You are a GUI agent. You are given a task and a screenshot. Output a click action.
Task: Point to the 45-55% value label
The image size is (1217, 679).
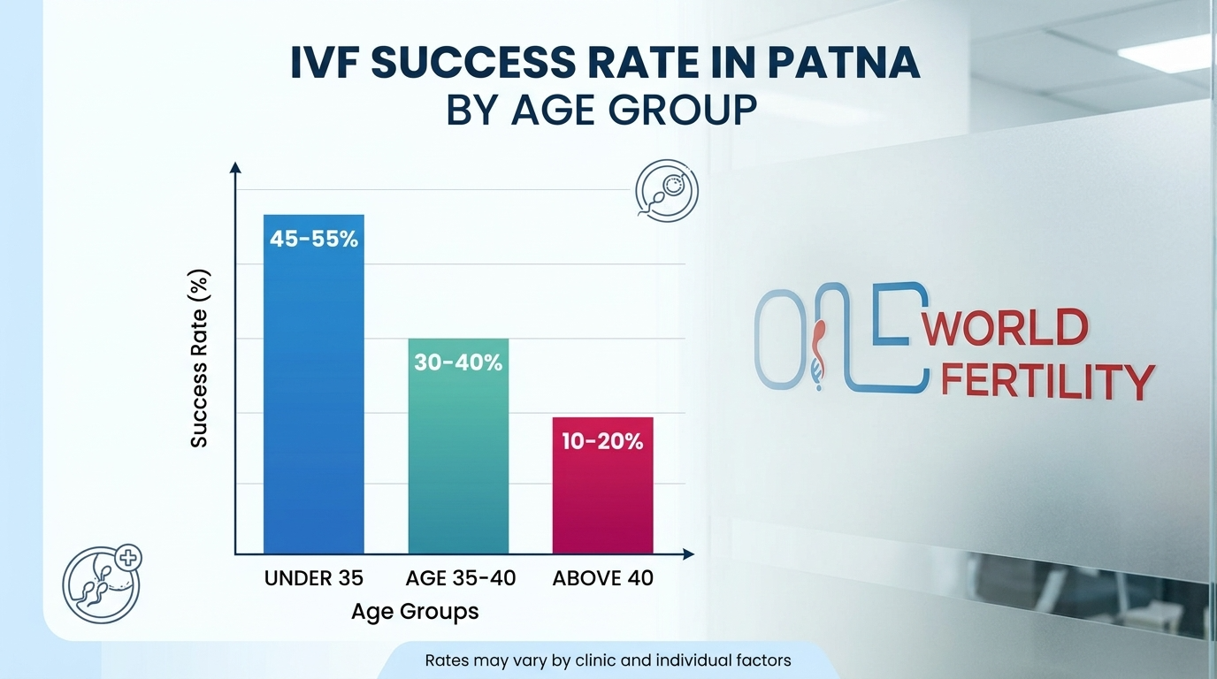(314, 239)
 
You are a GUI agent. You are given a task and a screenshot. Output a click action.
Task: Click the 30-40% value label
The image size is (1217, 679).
(458, 362)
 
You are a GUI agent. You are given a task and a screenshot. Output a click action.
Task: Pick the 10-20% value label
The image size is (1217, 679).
(602, 441)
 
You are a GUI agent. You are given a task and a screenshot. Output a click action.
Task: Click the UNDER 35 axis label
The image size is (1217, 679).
(314, 578)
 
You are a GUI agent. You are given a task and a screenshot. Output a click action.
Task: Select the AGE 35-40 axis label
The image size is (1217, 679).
(460, 578)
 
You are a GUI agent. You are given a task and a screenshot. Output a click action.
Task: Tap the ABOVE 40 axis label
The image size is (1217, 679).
(603, 578)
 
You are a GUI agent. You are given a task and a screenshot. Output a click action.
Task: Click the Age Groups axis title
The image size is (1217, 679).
(415, 611)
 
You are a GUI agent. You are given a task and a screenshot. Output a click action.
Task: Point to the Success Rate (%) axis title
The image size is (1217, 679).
(200, 359)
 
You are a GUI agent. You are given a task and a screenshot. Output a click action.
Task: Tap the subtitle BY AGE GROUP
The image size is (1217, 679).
(601, 111)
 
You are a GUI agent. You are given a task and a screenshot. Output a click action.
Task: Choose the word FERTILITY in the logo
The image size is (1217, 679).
(1048, 382)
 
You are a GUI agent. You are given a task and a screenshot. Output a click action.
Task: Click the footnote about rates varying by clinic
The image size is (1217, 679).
(608, 660)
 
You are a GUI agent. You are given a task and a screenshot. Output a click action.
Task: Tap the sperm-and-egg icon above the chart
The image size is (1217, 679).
(667, 190)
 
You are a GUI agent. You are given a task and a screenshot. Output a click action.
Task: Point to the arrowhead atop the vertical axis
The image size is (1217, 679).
(234, 167)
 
